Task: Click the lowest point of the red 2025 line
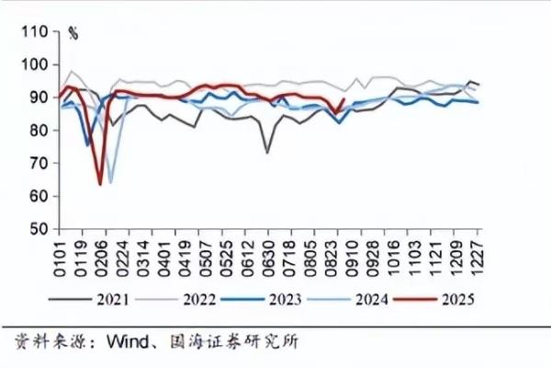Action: tap(100, 184)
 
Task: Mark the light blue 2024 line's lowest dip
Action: tap(111, 182)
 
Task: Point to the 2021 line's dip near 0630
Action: tap(267, 153)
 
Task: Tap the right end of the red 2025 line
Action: tap(344, 98)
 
